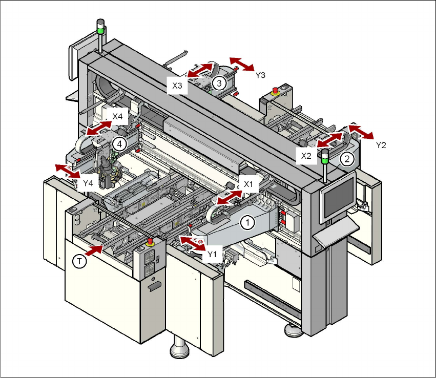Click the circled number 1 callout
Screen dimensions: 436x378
point(247,222)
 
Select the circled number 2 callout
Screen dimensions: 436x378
point(347,159)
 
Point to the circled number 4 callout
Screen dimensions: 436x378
point(119,144)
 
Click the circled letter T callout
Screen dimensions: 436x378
point(78,262)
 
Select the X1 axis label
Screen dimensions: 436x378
point(248,183)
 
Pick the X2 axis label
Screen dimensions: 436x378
point(306,156)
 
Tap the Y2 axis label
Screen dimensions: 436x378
point(380,145)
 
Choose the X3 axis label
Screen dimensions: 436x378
point(177,86)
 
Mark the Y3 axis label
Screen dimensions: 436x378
point(260,75)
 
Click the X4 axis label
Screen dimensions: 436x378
point(118,117)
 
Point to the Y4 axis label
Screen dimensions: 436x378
point(88,182)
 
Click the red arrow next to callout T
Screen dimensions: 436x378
point(95,250)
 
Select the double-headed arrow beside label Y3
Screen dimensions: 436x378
point(241,64)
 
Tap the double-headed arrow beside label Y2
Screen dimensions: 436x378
point(361,131)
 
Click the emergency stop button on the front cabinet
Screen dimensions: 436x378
point(150,241)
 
